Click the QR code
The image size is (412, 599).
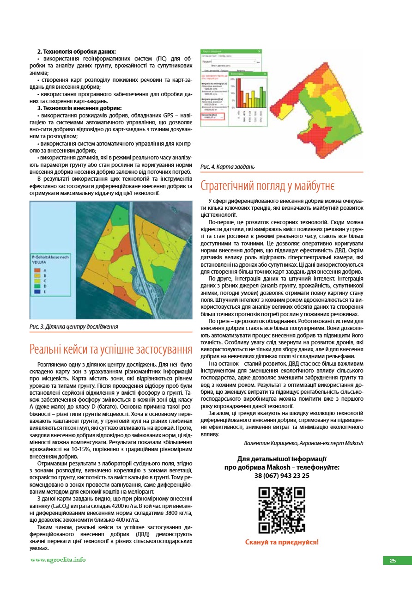click(281, 511)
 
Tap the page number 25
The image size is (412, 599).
click(393, 561)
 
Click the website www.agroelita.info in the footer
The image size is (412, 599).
click(58, 560)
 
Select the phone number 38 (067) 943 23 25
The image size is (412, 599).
click(282, 475)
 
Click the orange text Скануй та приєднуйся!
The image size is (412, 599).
click(282, 542)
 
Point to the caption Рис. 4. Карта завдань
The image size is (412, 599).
click(227, 166)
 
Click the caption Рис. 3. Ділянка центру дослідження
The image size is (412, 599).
click(73, 326)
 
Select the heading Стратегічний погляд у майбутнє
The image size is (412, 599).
click(267, 186)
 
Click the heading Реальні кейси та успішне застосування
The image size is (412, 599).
click(111, 348)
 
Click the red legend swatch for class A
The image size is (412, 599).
click(38, 270)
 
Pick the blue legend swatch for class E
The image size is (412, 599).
click(38, 292)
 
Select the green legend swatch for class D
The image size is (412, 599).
click(38, 287)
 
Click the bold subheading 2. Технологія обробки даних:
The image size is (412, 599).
click(76, 51)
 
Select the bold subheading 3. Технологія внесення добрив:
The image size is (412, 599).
click(79, 108)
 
